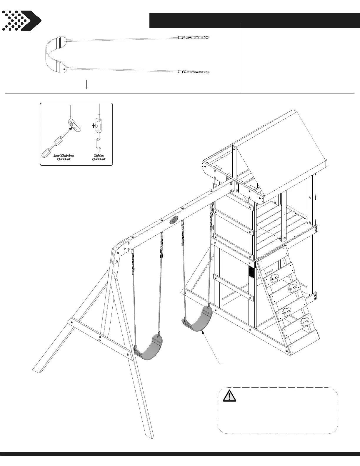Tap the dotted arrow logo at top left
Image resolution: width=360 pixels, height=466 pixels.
pos(21,21)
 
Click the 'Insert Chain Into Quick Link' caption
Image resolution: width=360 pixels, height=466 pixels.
pos(64,157)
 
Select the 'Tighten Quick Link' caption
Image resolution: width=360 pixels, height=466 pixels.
pos(99,157)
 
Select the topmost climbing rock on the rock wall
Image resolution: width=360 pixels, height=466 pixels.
pos(275,278)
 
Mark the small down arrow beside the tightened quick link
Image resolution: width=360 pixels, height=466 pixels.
pos(94,126)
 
